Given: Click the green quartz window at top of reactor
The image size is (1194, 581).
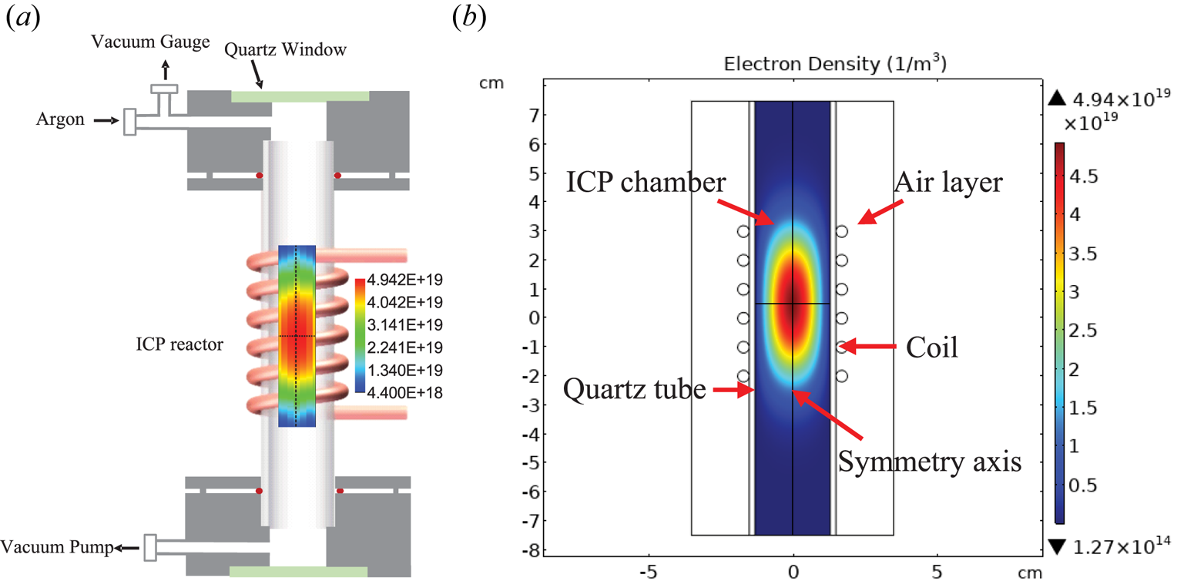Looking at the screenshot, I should (x=300, y=96).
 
